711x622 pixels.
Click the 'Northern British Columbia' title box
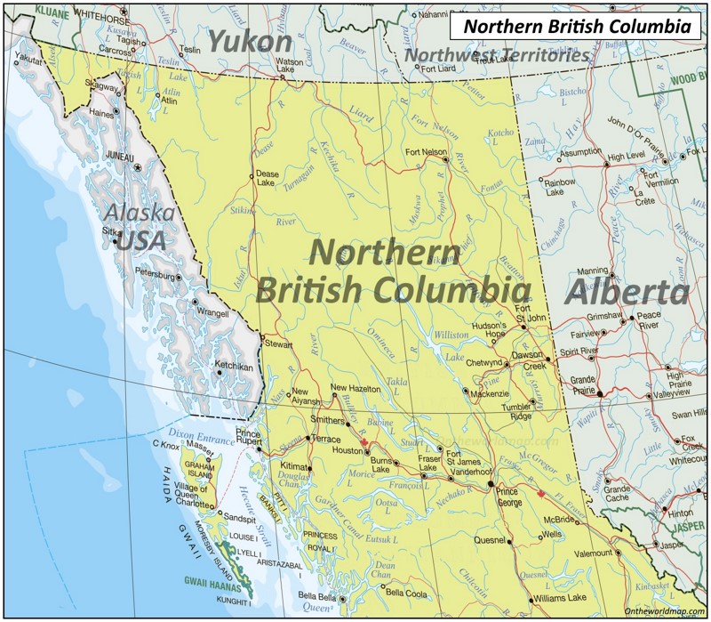tap(577, 27)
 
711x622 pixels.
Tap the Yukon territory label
tap(250, 41)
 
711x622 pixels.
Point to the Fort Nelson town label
tap(426, 152)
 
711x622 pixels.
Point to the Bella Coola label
tap(406, 593)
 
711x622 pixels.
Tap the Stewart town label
tap(277, 342)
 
